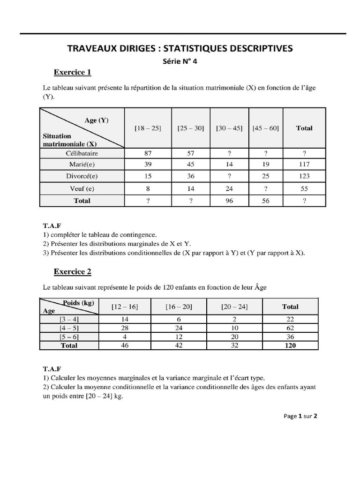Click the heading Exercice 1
[72, 73]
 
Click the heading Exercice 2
[72, 272]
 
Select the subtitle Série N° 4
[180, 61]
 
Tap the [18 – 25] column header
[148, 128]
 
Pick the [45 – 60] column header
[265, 128]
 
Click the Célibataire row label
[82, 153]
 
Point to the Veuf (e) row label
[82, 188]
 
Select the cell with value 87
[148, 153]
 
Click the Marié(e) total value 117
[304, 165]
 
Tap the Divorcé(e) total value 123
[304, 177]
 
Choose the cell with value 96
[229, 201]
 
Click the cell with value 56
[265, 201]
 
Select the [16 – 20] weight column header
[179, 307]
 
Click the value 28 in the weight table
[125, 328]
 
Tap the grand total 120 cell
[290, 345]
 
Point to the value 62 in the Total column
[290, 328]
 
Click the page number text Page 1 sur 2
[300, 416]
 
